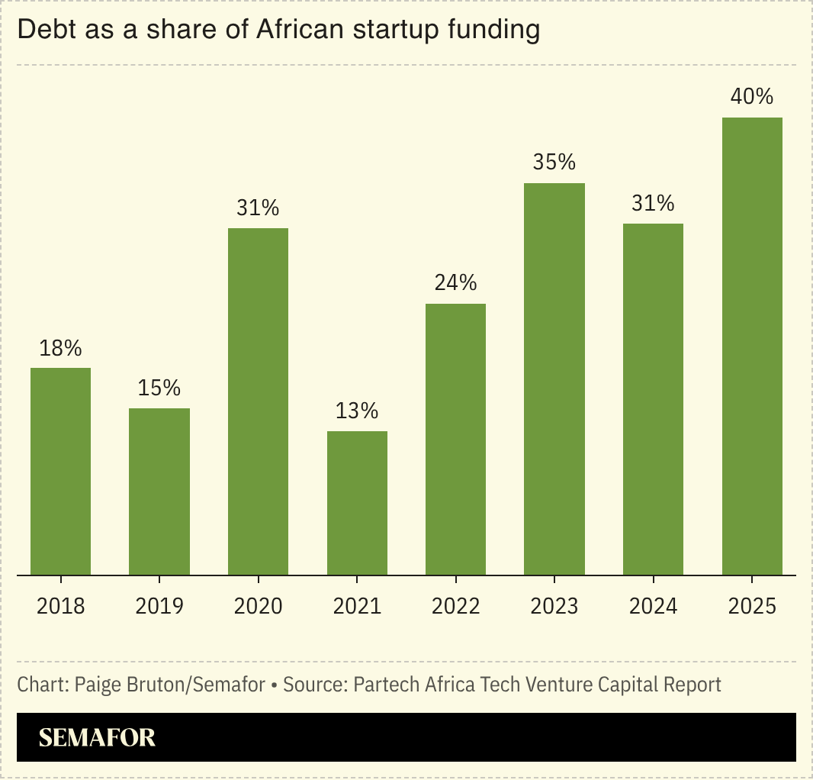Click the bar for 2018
pos(60,471)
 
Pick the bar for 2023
pos(554,379)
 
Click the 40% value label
pos(752,97)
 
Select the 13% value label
pos(357,411)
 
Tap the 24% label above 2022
pos(455,283)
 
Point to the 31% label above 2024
pos(653,203)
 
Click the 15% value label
pos(159,388)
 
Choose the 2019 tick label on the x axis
pos(159,607)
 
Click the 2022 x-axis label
pos(455,607)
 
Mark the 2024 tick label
pos(653,607)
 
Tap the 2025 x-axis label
pos(752,607)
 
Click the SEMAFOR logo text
pos(97,737)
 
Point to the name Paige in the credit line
pos(97,685)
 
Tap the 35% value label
pos(554,163)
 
